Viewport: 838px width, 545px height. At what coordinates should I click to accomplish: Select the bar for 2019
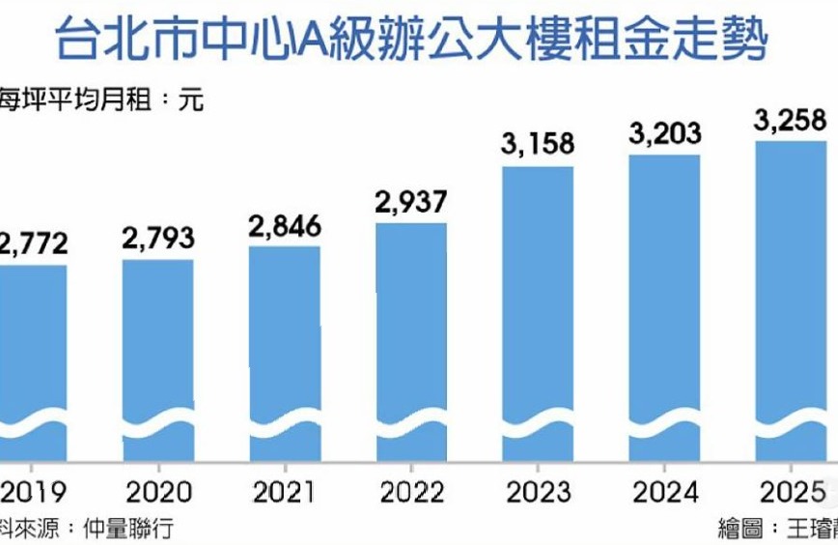(x=33, y=358)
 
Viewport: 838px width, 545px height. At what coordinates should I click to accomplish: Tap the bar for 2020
(x=158, y=358)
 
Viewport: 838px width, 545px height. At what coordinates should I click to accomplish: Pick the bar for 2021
(x=285, y=353)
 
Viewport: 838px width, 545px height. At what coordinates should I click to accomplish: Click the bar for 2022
(x=411, y=343)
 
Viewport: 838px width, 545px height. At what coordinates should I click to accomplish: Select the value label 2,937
(x=411, y=202)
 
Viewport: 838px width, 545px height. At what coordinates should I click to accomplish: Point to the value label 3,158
(x=538, y=144)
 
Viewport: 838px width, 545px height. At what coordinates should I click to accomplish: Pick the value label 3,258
(x=791, y=120)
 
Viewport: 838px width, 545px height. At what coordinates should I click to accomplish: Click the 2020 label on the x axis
(x=158, y=493)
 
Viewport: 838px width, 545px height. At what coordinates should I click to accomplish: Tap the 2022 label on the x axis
(x=411, y=493)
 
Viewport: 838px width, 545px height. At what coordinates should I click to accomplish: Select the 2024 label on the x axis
(x=664, y=493)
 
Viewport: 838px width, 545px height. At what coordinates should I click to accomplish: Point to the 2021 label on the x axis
(x=285, y=493)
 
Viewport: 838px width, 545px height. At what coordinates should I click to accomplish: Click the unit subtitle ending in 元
(x=101, y=100)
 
